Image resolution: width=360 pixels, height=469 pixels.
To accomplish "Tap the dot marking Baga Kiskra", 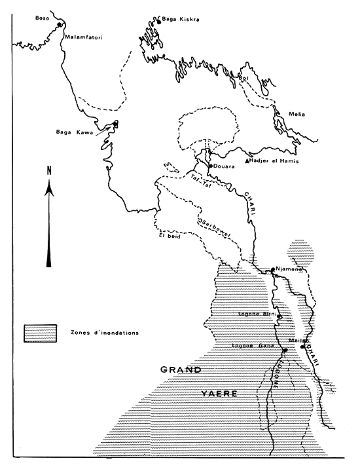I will pos(158,22).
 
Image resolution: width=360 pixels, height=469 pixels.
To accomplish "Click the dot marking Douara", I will pos(209,166).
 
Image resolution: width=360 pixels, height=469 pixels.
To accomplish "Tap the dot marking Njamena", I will pos(272,269).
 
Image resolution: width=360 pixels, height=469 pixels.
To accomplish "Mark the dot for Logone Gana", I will pos(284,350).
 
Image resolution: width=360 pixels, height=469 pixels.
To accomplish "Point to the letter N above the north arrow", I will pos(48,171).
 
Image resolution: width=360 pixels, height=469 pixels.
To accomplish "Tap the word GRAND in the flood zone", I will pos(181,370).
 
